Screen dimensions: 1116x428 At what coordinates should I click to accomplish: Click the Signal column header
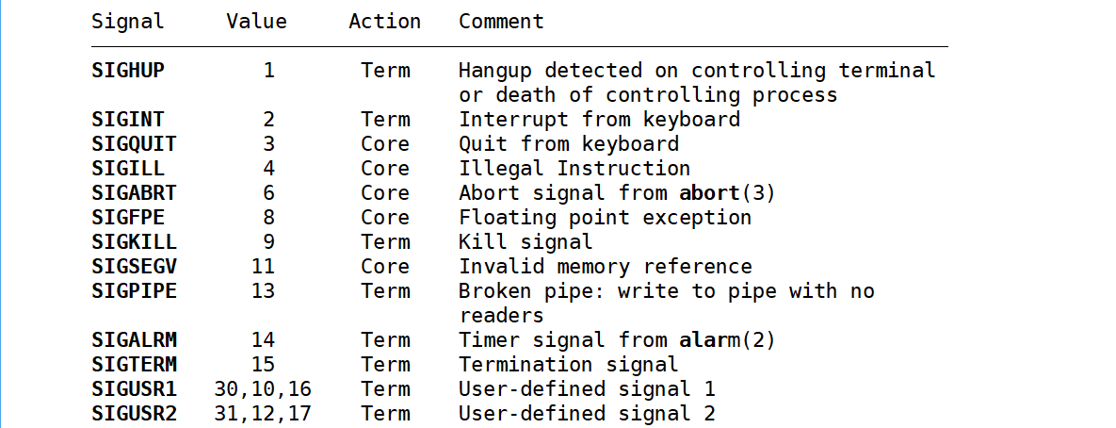tap(128, 21)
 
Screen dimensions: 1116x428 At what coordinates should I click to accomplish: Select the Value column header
tap(256, 21)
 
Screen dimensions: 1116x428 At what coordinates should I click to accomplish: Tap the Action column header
tap(384, 21)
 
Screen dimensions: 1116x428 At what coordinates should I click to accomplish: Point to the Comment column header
tap(501, 21)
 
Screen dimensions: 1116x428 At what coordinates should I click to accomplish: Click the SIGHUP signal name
tap(128, 70)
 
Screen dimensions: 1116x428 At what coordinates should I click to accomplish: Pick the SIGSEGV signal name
tap(134, 266)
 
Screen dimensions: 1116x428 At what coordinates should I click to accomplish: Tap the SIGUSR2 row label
tap(134, 413)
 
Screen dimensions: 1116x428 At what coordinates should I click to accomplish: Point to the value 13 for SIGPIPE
tap(264, 290)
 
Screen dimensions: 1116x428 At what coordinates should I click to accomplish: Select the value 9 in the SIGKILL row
tap(269, 241)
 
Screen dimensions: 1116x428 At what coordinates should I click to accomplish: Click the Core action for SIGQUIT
tap(385, 143)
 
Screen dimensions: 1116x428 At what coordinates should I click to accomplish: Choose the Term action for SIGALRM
tap(385, 339)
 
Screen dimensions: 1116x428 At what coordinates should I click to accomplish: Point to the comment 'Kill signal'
tap(526, 241)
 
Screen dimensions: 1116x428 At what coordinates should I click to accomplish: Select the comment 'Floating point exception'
tap(605, 217)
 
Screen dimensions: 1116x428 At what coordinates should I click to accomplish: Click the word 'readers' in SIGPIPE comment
tap(501, 315)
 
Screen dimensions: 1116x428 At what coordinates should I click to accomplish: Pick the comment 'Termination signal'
tap(568, 364)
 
